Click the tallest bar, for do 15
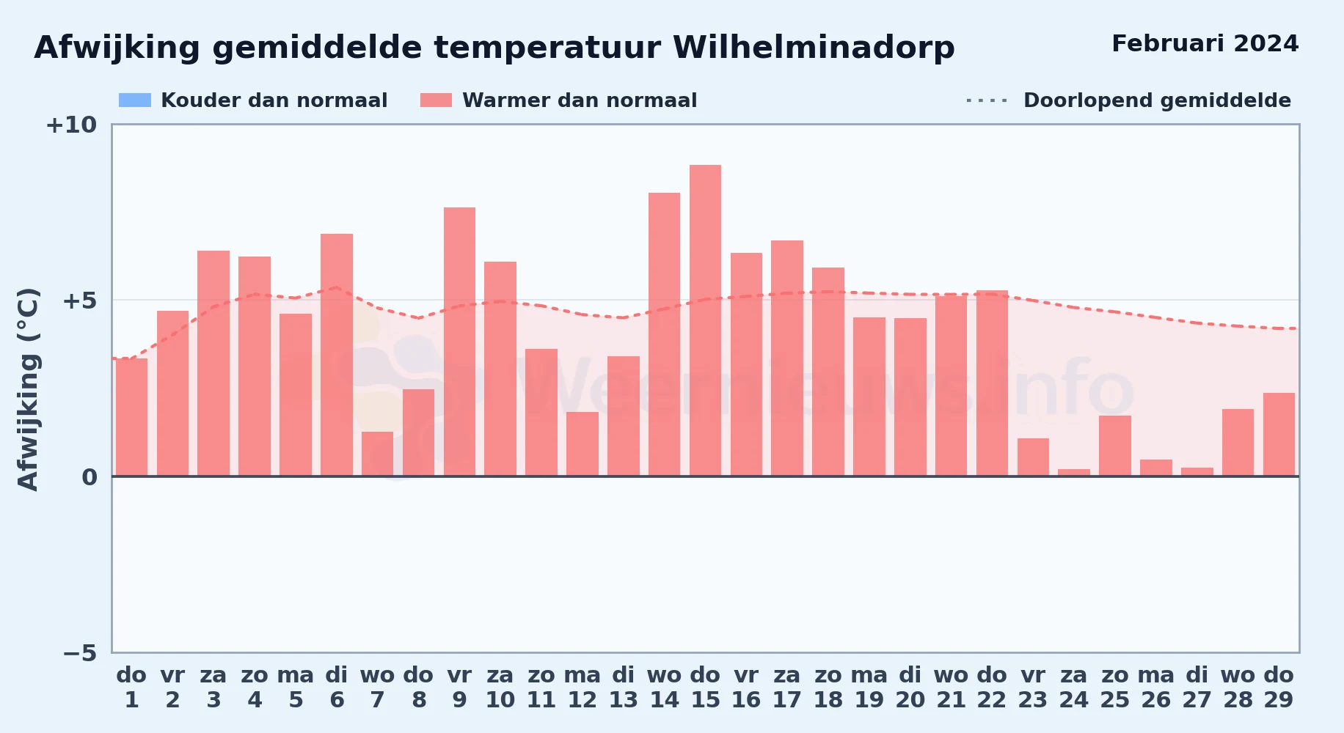coord(705,320)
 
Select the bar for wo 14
coord(664,334)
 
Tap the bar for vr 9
coord(459,342)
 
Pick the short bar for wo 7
coord(377,454)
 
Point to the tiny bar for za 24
coord(1074,473)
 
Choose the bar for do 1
coord(131,417)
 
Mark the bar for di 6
coord(337,355)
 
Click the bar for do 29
coord(1279,435)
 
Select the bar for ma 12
coord(582,444)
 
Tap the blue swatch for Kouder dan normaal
coord(135,100)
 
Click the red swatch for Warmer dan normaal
coord(437,100)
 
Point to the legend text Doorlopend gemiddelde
coord(1157,100)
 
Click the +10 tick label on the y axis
coord(71,125)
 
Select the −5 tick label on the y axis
coord(80,653)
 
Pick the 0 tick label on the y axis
coord(90,477)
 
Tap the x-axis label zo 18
coord(828,688)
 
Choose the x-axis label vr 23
coord(1033,688)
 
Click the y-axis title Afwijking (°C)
coord(28,388)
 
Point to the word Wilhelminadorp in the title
coord(814,48)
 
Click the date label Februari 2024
coord(1205,43)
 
